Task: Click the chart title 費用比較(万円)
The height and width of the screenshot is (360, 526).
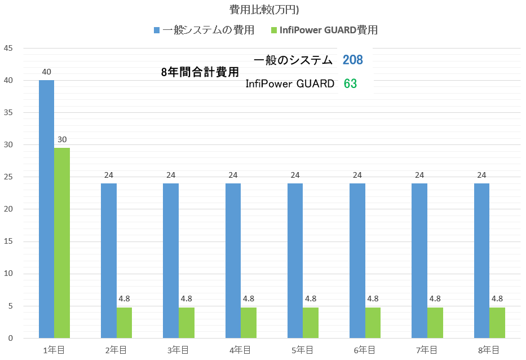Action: [263, 10]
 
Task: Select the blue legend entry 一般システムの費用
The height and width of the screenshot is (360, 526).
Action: [204, 30]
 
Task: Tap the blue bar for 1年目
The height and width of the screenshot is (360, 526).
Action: [46, 209]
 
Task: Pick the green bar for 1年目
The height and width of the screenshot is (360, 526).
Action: [62, 243]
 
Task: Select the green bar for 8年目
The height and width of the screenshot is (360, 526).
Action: [497, 323]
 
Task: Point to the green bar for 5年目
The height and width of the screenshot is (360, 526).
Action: [311, 323]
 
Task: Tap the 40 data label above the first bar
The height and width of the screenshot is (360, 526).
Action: [46, 72]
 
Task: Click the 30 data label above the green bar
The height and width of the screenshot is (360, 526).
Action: [62, 139]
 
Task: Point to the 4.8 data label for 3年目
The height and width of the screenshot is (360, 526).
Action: [187, 298]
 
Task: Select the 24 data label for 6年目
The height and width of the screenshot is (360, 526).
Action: [357, 174]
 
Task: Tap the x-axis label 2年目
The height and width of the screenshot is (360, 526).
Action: [117, 350]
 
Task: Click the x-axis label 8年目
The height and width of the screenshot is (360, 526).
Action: [489, 350]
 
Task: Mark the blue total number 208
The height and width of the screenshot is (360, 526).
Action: [352, 60]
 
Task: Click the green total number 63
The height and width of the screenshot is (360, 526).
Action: [350, 84]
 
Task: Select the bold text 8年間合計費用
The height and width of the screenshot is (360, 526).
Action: [200, 72]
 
